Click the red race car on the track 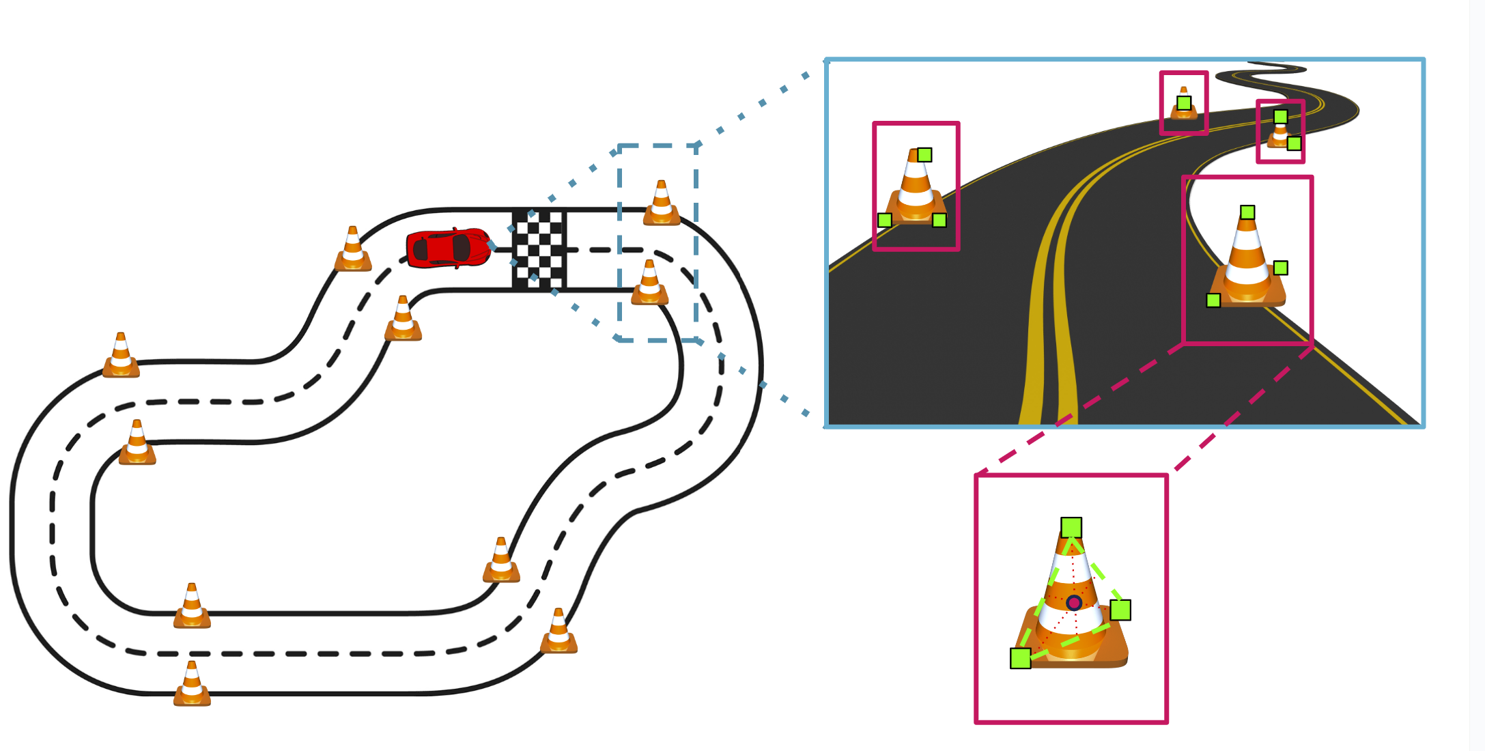point(447,248)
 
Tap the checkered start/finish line point(539,249)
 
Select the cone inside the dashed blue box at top point(661,203)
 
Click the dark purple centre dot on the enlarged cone point(1074,603)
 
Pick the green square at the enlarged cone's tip point(1071,527)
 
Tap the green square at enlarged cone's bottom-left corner point(1020,658)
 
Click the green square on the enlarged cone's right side point(1120,610)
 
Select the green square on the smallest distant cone point(1184,103)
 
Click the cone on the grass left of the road point(916,187)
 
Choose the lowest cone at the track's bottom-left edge point(192,684)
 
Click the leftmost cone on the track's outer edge point(121,356)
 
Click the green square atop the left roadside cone point(924,155)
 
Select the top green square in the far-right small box point(1280,117)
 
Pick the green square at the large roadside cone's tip point(1247,212)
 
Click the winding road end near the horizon point(1277,68)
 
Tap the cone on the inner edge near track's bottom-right point(501,561)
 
